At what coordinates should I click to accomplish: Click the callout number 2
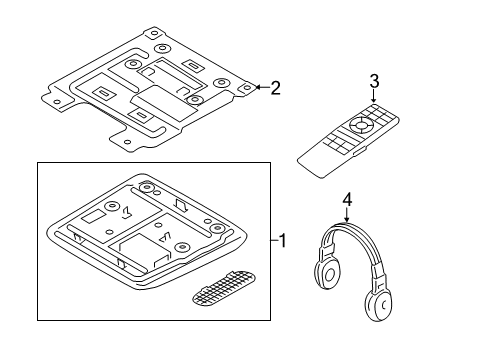pyautogui.click(x=275, y=88)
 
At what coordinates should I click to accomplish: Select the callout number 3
pyautogui.click(x=374, y=80)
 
